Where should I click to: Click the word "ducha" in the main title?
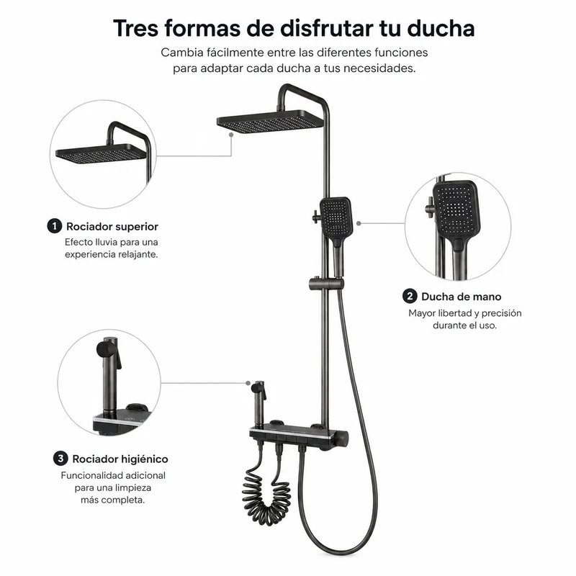[x=441, y=28]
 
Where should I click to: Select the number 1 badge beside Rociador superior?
[x=55, y=226]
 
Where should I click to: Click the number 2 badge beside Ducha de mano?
[x=410, y=296]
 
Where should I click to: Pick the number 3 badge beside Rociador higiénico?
[x=60, y=459]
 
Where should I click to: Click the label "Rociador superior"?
[x=112, y=226]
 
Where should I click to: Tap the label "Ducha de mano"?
[x=462, y=297]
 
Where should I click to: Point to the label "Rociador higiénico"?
[x=120, y=459]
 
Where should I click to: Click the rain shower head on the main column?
[x=271, y=121]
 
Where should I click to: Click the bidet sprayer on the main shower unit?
[x=259, y=404]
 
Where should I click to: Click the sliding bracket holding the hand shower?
[x=326, y=284]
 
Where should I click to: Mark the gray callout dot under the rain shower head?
[x=231, y=135]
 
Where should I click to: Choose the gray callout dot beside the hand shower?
[x=359, y=223]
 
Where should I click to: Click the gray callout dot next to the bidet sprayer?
[x=248, y=383]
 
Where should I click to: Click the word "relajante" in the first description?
[x=136, y=255]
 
